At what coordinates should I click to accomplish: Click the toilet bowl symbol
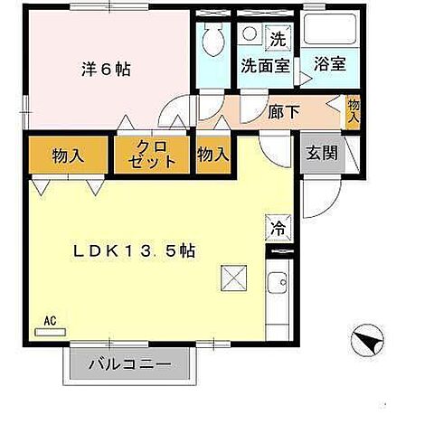click(213, 39)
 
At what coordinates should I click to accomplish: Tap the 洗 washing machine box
click(278, 38)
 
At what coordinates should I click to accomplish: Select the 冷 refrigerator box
click(278, 228)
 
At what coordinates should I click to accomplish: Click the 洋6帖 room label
click(106, 70)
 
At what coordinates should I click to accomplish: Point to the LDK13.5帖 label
click(135, 250)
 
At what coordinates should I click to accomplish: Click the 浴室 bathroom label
click(330, 63)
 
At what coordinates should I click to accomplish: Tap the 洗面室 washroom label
click(265, 65)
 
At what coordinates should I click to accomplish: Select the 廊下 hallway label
click(284, 112)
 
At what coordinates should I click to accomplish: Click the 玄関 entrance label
click(322, 153)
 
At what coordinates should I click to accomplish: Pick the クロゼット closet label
click(152, 155)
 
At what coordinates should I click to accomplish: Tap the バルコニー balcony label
click(130, 364)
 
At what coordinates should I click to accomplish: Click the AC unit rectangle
click(51, 332)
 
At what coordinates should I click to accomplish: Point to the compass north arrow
click(367, 341)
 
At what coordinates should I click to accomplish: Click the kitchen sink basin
click(277, 282)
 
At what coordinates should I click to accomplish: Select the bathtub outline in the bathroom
click(330, 29)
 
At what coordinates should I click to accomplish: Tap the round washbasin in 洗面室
click(250, 33)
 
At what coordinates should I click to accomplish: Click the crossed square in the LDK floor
click(234, 278)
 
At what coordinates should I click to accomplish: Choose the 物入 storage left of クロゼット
click(68, 156)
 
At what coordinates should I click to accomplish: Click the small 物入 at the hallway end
click(354, 111)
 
